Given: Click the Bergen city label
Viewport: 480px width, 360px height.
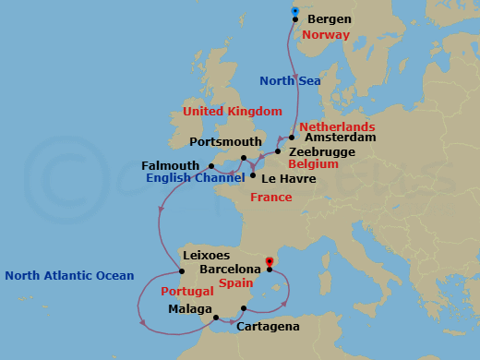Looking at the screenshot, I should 329,18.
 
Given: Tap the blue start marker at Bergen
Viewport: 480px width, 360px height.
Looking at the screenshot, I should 294,10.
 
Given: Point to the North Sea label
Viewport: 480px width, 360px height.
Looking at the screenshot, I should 289,80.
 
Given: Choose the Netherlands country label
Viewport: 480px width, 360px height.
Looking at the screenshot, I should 337,126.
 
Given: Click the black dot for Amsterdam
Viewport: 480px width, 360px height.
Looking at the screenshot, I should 292,138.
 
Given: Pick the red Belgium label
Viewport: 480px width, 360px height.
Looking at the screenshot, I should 313,164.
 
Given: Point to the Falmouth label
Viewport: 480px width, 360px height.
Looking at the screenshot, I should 171,165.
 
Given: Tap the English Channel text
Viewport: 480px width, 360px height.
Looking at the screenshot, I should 194,177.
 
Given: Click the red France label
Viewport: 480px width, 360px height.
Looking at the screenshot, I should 270,198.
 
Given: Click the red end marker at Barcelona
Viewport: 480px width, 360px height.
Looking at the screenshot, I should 269,262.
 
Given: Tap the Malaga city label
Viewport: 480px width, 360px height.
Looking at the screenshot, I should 191,310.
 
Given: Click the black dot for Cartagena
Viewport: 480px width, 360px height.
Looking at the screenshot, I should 244,308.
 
